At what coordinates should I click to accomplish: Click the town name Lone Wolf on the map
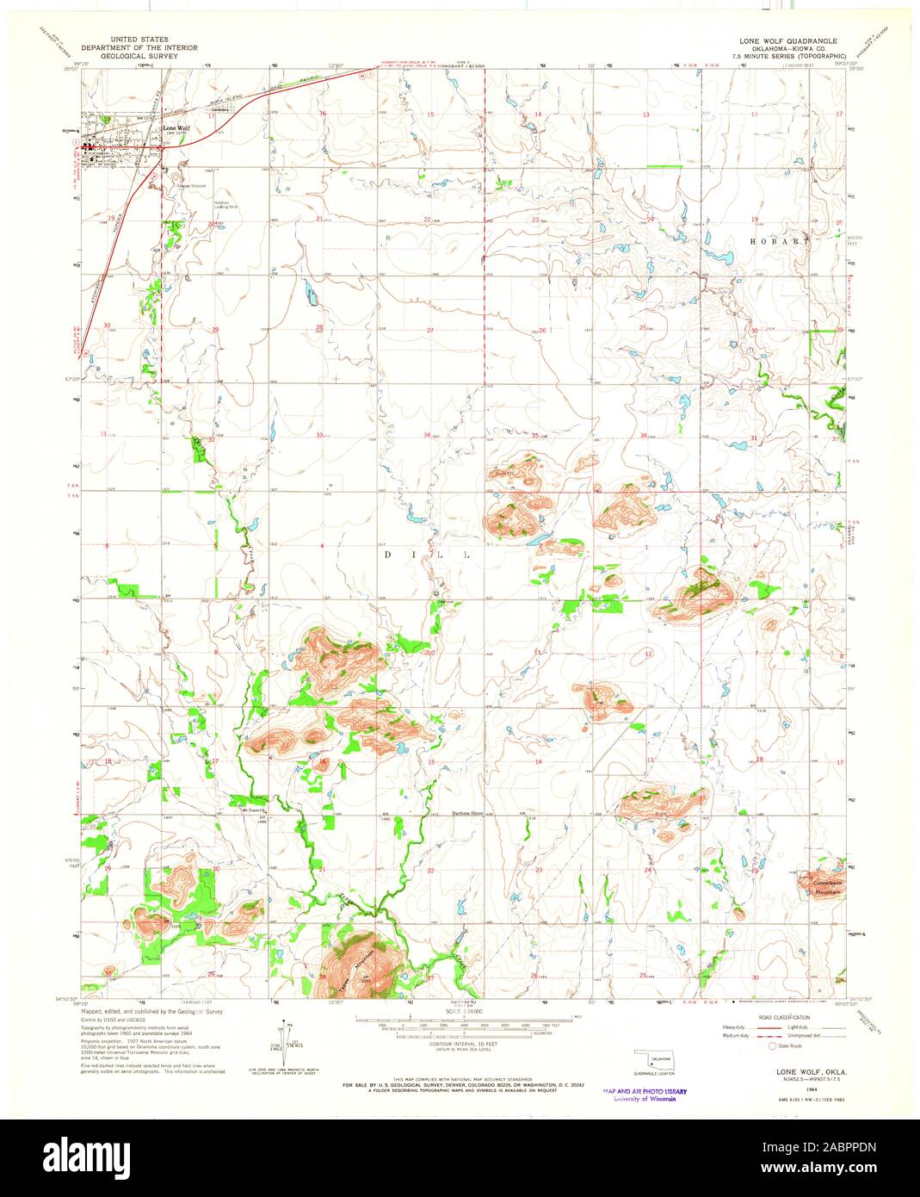[176, 128]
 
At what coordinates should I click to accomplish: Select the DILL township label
[427, 555]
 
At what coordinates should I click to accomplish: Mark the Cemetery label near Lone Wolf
[222, 109]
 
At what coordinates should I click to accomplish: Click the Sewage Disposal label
[191, 185]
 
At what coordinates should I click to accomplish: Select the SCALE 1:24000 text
[464, 1010]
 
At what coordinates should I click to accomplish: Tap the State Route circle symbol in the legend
[771, 1045]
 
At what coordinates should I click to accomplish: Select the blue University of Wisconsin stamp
[645, 1094]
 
